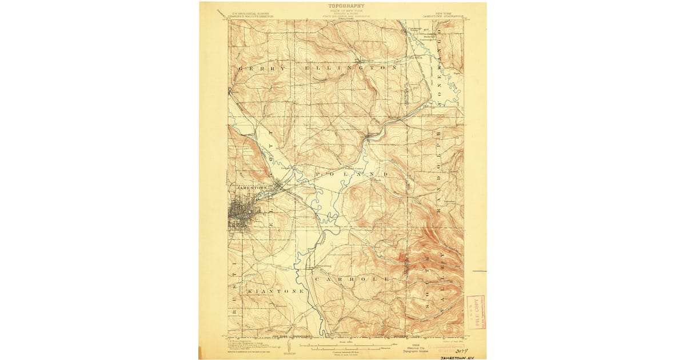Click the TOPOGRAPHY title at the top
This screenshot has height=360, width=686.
pyautogui.click(x=346, y=6)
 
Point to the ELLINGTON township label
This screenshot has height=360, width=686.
pyautogui.click(x=351, y=68)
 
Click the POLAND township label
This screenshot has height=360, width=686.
pyautogui.click(x=351, y=173)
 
